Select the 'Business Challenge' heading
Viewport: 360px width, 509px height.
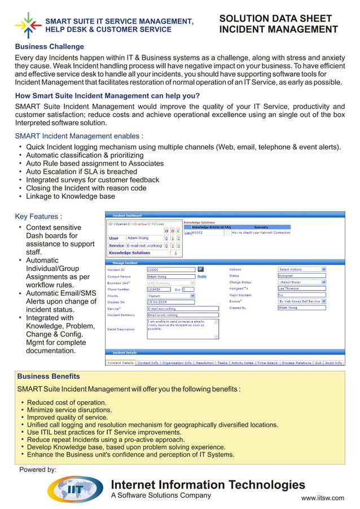pyautogui.click(x=49, y=46)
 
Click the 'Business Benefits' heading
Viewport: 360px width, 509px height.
pyautogui.click(x=49, y=376)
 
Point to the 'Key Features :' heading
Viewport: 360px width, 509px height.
pyautogui.click(x=38, y=216)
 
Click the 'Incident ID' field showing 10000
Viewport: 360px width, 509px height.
pyautogui.click(x=170, y=270)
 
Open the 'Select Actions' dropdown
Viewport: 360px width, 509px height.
pyautogui.click(x=302, y=270)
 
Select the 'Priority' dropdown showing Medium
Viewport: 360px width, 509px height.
pyautogui.click(x=170, y=295)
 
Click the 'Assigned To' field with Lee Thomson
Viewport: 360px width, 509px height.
pyautogui.click(x=302, y=288)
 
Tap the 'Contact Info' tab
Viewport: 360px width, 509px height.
pyautogui.click(x=148, y=363)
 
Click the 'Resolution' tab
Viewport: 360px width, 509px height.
pyautogui.click(x=205, y=363)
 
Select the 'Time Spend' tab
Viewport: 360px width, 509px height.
pyautogui.click(x=267, y=363)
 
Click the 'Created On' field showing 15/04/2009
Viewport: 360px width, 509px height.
pyautogui.click(x=170, y=302)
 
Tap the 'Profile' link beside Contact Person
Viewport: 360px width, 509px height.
pyautogui.click(x=201, y=277)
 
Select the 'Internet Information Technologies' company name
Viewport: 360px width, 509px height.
pyautogui.click(x=208, y=485)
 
